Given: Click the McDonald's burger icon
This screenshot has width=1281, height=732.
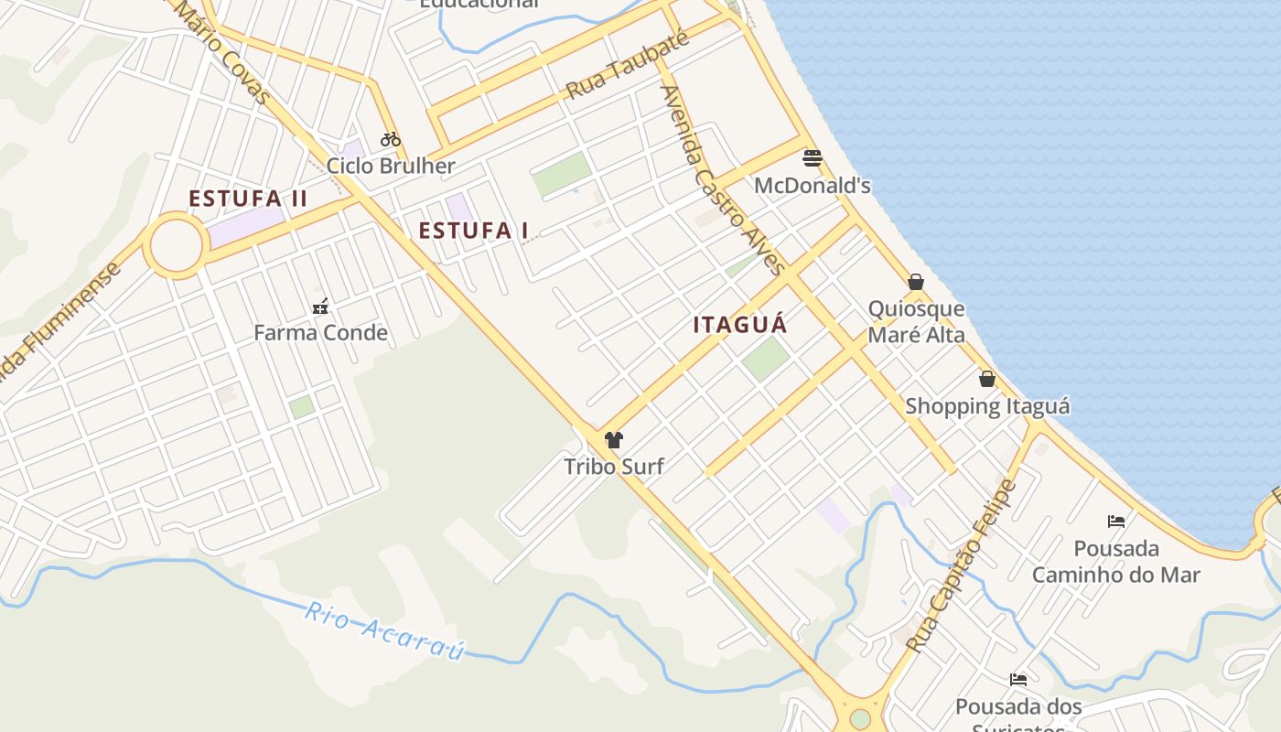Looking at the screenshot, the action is tap(812, 158).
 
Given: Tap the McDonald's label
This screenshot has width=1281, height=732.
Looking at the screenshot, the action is tap(812, 186).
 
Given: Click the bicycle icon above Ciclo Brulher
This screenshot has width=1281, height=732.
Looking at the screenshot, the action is tap(391, 139).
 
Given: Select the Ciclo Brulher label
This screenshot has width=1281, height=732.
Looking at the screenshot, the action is tap(391, 166).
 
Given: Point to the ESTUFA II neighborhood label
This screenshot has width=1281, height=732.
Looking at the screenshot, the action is tap(248, 199).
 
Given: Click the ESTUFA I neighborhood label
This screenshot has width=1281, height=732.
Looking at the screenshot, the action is tap(473, 231).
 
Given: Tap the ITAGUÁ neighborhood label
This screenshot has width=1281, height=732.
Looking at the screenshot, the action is tap(740, 325).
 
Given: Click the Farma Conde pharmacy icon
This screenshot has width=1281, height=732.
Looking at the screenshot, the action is tap(320, 306).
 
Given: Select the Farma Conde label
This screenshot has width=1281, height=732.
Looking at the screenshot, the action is tap(320, 332).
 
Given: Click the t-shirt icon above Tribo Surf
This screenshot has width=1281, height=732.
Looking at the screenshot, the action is tap(613, 440).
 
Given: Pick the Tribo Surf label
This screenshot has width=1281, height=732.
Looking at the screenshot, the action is tap(613, 467).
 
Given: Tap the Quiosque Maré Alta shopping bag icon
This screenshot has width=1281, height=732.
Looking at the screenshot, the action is tap(916, 282).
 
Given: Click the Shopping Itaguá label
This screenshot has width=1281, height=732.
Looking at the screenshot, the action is tap(987, 405).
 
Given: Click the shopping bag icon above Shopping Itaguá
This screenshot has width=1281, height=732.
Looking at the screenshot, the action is tap(987, 379).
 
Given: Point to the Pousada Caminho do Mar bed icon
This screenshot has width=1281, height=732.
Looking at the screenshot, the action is tap(1116, 522).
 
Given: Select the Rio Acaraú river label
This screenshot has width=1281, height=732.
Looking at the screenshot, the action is tap(384, 630).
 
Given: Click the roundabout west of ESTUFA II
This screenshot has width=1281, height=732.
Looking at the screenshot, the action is tap(175, 245).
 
